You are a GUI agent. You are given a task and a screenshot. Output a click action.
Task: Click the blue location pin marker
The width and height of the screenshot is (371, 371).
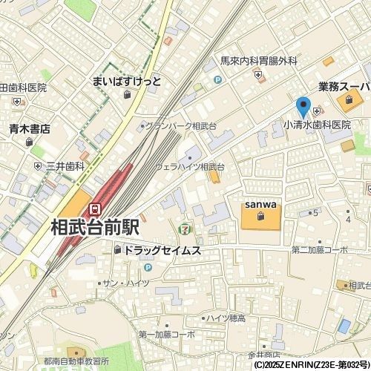coord(303,107)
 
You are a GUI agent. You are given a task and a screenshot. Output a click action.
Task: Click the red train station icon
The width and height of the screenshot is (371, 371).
coord(95,210)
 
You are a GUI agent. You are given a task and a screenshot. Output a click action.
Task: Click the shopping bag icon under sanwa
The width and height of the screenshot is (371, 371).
coord(260,217)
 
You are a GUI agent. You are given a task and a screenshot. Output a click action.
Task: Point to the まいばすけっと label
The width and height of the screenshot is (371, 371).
coord(127,81)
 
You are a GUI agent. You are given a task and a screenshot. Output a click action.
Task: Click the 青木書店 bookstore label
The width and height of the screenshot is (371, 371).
coord(30,128)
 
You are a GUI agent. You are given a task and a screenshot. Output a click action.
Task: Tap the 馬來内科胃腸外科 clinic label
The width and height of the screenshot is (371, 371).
coord(259,62)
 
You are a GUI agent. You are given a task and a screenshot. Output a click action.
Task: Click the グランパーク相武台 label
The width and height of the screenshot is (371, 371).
coord(181,126)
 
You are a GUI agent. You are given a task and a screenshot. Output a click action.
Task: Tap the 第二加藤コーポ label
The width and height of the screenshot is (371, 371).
coord(320,249)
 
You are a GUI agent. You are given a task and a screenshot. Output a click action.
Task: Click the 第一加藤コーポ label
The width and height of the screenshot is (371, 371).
coord(167,335)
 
